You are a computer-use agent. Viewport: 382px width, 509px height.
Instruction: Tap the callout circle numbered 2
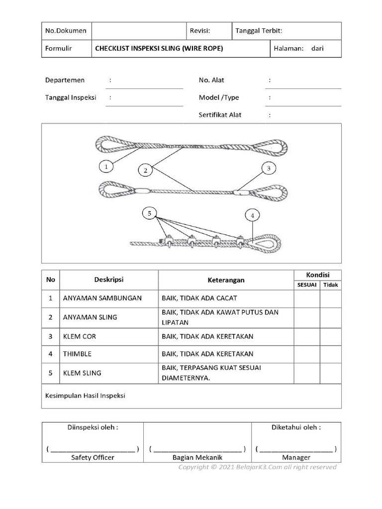(145, 170)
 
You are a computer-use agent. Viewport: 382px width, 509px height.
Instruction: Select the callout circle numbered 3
(268, 169)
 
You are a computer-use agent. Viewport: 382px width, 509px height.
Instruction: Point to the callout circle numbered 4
(253, 215)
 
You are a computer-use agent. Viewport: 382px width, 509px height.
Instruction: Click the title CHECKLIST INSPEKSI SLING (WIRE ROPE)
(159, 48)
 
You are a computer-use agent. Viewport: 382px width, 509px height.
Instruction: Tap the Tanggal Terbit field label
(259, 30)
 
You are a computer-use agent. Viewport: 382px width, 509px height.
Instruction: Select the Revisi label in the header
(200, 30)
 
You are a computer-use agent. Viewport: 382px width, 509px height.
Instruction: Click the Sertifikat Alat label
(220, 115)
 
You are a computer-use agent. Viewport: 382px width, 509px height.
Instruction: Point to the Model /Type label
(219, 97)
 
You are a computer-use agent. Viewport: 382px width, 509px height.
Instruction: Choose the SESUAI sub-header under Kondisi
(306, 285)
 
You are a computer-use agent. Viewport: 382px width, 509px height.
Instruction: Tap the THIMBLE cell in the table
(77, 354)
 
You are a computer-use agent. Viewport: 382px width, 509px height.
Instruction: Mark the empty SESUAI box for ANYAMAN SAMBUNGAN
(306, 298)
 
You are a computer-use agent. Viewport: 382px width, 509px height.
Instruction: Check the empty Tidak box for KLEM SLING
(330, 373)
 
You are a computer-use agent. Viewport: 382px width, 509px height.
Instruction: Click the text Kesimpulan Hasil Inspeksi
(85, 396)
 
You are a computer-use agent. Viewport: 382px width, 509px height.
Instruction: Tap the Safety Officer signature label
(93, 457)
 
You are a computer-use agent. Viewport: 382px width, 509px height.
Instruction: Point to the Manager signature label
(296, 457)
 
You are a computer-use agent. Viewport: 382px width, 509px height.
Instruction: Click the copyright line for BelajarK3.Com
(257, 467)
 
